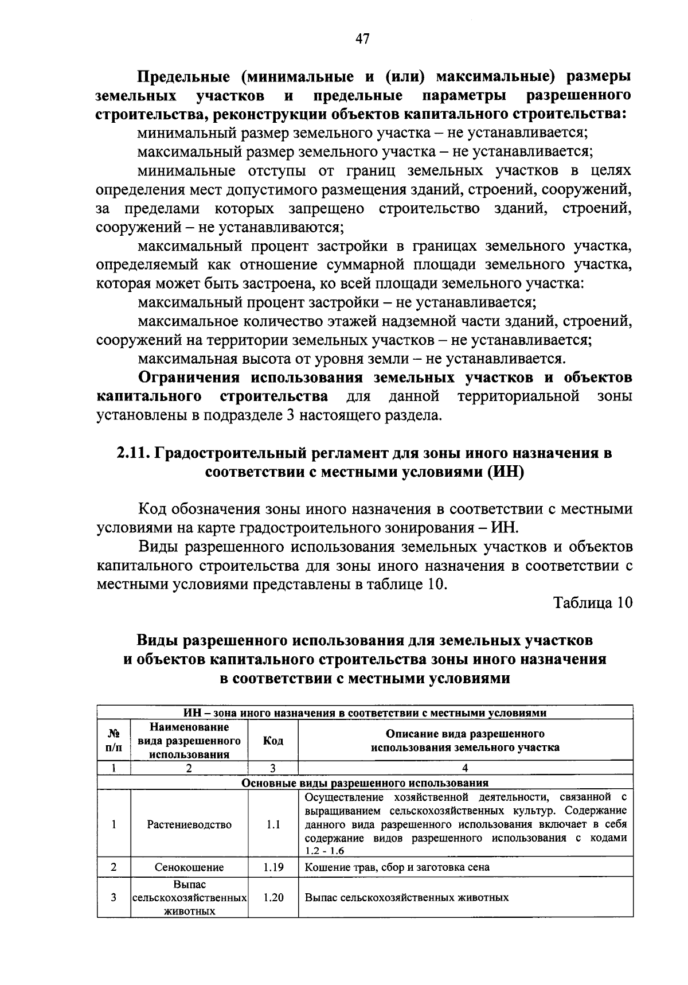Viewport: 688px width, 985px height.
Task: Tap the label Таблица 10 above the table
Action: pos(593,603)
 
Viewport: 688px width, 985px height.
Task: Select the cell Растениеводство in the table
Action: pos(189,824)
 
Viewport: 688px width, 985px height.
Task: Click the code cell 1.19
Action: pos(273,867)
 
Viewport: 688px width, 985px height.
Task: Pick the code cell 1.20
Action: pos(273,897)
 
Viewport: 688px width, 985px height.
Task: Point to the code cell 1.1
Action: pos(273,824)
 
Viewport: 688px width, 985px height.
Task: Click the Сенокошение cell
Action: pos(189,867)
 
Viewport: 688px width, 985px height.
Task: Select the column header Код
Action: pos(273,741)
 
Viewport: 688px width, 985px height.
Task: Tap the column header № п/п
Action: pos(114,741)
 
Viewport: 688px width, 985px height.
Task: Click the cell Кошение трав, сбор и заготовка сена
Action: pos(397,867)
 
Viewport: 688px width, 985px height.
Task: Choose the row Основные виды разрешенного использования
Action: pos(365,782)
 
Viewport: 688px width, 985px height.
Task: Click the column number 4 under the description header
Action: pos(465,768)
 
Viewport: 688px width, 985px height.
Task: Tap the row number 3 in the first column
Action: pos(114,897)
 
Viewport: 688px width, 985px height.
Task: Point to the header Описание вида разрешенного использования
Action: pos(465,741)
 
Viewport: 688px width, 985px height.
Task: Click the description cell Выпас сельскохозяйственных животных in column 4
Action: pos(407,897)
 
